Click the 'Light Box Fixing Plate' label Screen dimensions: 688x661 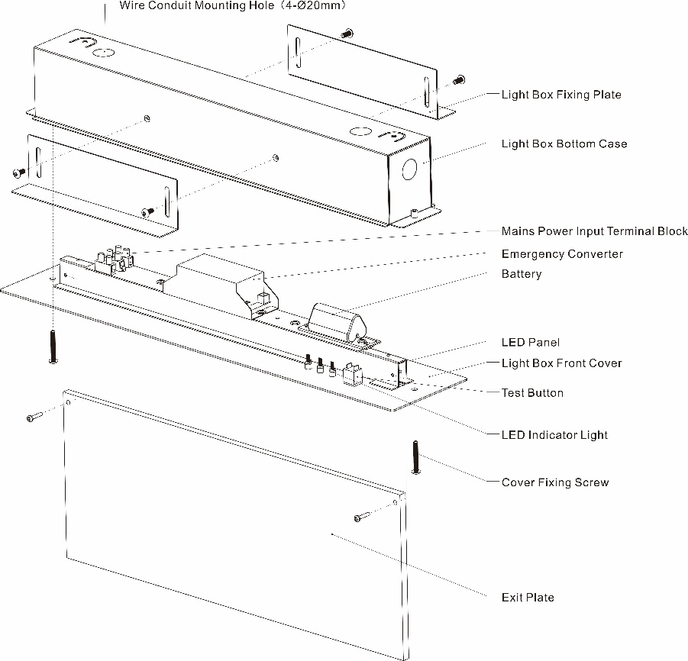[x=561, y=95]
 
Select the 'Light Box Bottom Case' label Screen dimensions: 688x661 [x=564, y=143]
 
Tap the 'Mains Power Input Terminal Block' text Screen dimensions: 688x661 [x=595, y=231]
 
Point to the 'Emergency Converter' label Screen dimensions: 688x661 [x=562, y=254]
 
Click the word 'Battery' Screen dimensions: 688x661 [x=522, y=274]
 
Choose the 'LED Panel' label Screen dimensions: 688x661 [x=531, y=343]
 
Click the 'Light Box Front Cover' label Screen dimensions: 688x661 [x=562, y=363]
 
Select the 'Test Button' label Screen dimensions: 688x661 [x=532, y=393]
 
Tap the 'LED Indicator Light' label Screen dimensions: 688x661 [x=554, y=435]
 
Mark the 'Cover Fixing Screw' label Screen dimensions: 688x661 [x=555, y=482]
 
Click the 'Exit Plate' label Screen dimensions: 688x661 [x=528, y=598]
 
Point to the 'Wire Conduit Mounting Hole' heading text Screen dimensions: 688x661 [x=196, y=5]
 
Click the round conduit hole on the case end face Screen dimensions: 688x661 [x=409, y=169]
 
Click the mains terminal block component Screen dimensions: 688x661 [x=115, y=260]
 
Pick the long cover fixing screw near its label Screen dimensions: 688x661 [x=415, y=457]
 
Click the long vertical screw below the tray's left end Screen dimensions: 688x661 [x=53, y=347]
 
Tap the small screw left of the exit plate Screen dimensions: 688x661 [x=34, y=416]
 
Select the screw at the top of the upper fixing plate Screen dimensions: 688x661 [x=347, y=33]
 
